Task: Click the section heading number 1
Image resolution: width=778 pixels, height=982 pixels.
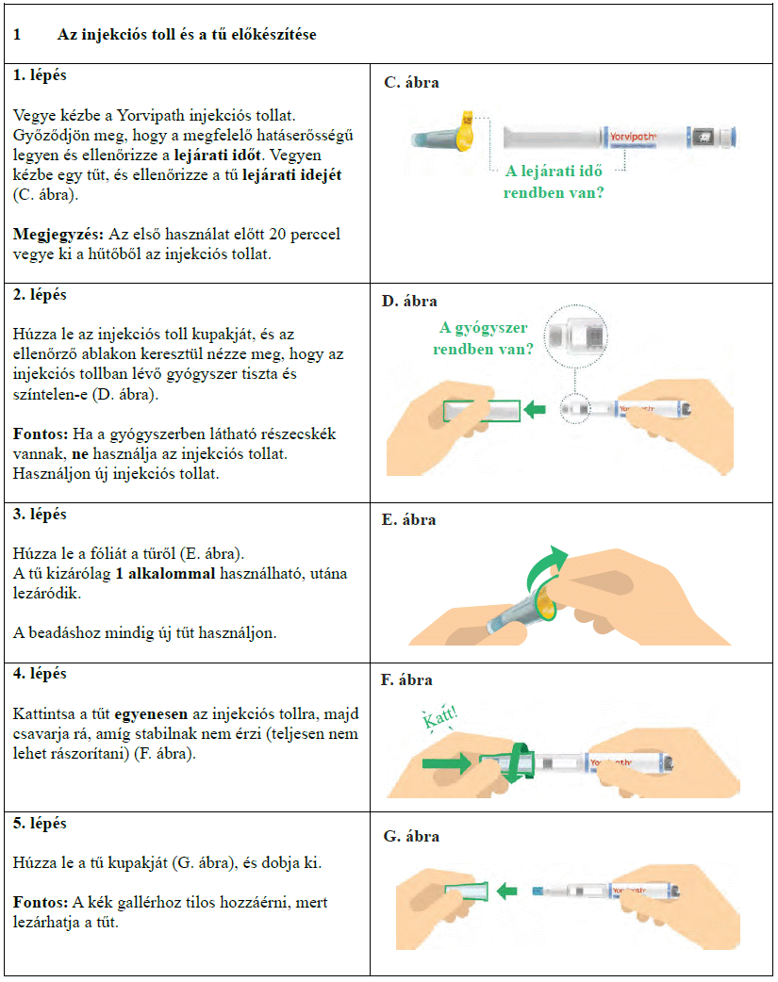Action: tap(17, 35)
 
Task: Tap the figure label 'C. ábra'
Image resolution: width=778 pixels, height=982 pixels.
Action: tap(411, 83)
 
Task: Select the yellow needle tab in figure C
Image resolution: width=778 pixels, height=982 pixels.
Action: tap(463, 134)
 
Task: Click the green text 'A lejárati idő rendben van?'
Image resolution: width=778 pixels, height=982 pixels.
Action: tap(554, 181)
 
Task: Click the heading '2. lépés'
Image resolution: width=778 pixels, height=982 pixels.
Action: tap(41, 295)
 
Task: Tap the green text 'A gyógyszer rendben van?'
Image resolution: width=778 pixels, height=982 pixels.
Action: tap(484, 338)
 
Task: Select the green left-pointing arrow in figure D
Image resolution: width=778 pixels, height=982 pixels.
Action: tap(536, 409)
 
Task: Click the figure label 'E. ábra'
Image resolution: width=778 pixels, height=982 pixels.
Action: tap(410, 520)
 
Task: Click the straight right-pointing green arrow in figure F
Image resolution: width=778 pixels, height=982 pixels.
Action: tap(443, 764)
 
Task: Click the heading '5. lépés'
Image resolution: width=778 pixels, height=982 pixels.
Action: tap(41, 824)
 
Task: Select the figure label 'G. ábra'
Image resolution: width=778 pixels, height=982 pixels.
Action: tap(411, 837)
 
